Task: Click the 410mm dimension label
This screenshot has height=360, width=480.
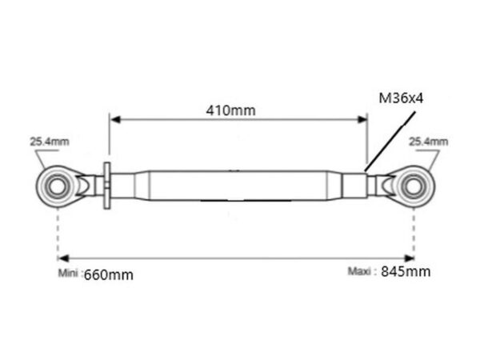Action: click(x=230, y=110)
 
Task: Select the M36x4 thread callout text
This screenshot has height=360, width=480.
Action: click(x=401, y=98)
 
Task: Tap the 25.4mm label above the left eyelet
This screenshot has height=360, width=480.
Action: click(x=50, y=142)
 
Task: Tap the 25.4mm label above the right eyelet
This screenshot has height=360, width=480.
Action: click(x=429, y=142)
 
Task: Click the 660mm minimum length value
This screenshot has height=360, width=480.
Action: click(x=109, y=275)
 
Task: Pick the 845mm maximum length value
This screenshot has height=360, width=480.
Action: click(x=406, y=271)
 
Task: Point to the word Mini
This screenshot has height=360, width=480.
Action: click(x=68, y=273)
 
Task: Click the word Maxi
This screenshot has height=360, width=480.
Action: click(x=359, y=271)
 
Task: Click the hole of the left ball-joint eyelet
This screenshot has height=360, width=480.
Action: click(x=58, y=186)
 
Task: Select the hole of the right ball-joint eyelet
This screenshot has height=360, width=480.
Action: click(x=414, y=186)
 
